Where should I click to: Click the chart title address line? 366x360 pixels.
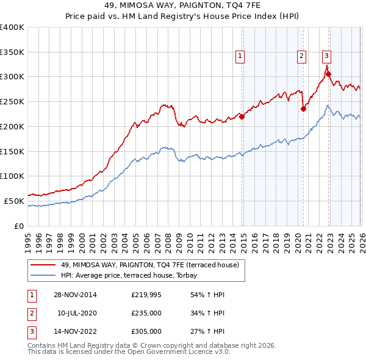pos(182,5)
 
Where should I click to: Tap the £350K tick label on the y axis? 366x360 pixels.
pos(12,52)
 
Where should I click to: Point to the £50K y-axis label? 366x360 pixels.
pos(14,201)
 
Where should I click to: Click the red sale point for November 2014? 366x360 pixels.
pos(242,116)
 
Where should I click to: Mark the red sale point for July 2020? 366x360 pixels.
pos(303,109)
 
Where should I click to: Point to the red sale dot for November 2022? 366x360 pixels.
pos(328,74)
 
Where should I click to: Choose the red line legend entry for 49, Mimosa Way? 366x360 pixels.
pos(153,264)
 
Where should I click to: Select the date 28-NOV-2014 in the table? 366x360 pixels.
pos(75,295)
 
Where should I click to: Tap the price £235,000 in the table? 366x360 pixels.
pos(146,313)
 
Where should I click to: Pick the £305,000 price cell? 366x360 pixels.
pos(146,332)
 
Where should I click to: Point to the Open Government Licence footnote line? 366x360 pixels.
pos(129,352)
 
